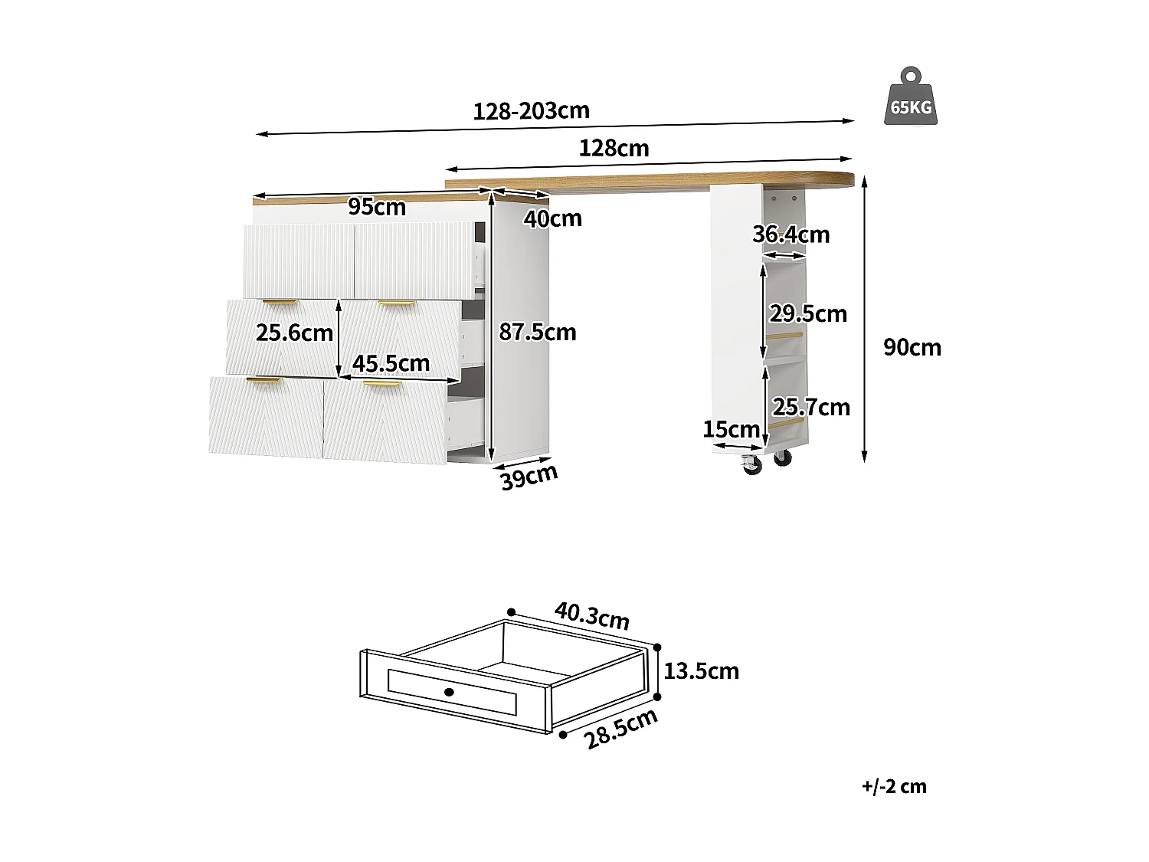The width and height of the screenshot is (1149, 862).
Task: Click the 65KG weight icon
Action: coord(911,97)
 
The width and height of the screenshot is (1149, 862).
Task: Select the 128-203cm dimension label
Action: coord(531,111)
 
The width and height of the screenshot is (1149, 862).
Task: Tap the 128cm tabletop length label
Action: coord(614,148)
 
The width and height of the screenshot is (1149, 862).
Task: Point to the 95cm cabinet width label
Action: coord(377,207)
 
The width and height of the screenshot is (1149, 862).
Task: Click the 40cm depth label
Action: coord(552,219)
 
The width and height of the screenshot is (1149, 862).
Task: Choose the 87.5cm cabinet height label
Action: coord(537,332)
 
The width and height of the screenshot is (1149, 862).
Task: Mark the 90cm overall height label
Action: coord(912,347)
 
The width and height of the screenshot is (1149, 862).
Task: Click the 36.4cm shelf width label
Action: coord(791,234)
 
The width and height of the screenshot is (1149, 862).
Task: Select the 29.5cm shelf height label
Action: coord(808,313)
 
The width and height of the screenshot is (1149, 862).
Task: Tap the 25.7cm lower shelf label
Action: coord(810,407)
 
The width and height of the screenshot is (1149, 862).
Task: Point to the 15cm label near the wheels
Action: coord(731,430)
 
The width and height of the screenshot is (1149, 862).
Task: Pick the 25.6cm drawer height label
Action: coord(294,333)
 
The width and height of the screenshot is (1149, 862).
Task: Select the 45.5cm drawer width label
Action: coord(391,362)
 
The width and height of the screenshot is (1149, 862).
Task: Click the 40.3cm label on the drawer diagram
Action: coord(591,615)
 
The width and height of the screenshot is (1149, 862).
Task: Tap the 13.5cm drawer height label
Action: coord(701,671)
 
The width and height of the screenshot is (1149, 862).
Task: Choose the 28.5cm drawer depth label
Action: coord(620,729)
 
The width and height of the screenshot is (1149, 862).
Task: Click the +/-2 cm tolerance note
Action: coord(893,786)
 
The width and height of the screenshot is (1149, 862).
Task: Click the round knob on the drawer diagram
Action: coord(449,692)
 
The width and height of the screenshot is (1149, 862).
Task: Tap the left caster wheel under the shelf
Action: coord(750,464)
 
